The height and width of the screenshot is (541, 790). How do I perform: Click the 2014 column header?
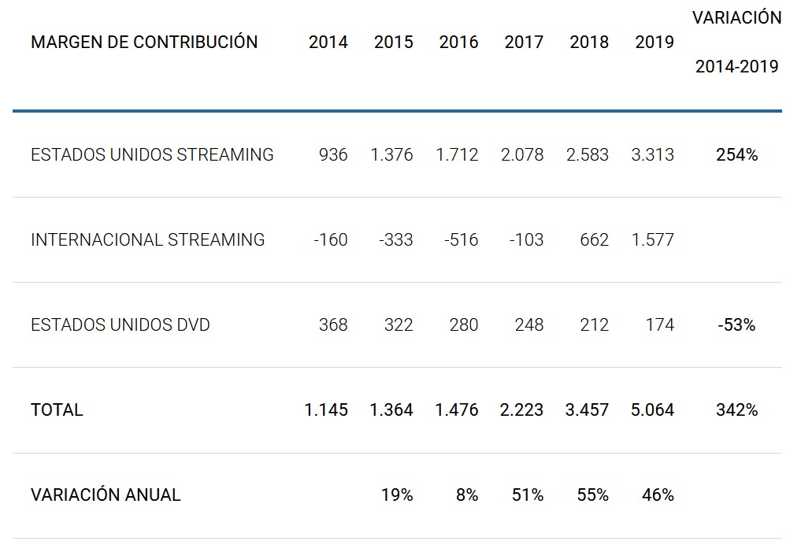pyautogui.click(x=328, y=43)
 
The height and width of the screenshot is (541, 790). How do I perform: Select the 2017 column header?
pyautogui.click(x=524, y=43)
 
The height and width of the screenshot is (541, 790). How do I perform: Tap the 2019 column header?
pyautogui.click(x=655, y=43)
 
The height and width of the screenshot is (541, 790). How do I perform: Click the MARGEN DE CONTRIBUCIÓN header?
pyautogui.click(x=144, y=43)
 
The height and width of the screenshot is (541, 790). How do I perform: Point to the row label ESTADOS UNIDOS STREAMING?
pyautogui.click(x=152, y=155)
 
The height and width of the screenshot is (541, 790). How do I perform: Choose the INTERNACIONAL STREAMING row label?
pyautogui.click(x=148, y=240)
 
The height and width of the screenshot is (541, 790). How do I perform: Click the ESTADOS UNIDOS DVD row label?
pyautogui.click(x=121, y=325)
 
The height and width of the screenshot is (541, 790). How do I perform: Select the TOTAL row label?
pyautogui.click(x=57, y=410)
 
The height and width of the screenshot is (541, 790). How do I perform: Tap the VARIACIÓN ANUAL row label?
pyautogui.click(x=106, y=495)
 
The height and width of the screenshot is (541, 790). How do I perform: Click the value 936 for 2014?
pyautogui.click(x=333, y=155)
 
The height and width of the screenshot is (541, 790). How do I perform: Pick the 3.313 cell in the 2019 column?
pyautogui.click(x=652, y=155)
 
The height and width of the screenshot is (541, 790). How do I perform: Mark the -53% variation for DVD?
pyautogui.click(x=736, y=325)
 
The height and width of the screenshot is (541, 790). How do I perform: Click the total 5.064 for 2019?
pyautogui.click(x=652, y=410)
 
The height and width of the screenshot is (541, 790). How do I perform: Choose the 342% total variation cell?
pyautogui.click(x=736, y=410)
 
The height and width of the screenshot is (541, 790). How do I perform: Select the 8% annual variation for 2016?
pyautogui.click(x=466, y=495)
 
